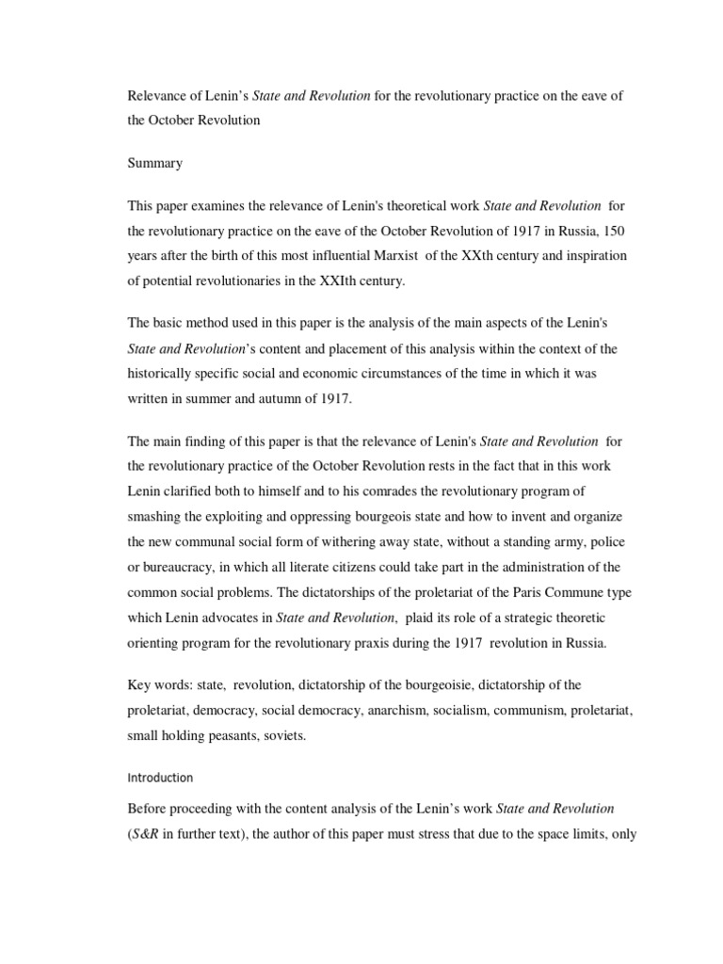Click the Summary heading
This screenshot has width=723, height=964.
coord(154,163)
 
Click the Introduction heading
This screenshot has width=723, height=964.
coord(160,778)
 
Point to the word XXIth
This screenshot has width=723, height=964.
coord(358,281)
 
